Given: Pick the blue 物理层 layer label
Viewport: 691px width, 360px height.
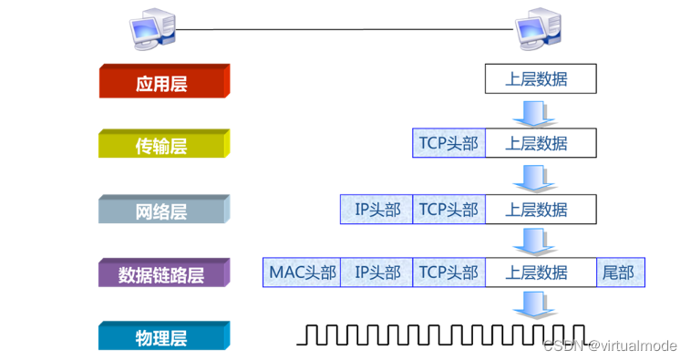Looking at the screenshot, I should pos(163,338).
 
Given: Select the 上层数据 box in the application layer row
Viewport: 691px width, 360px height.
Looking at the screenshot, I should pos(540,79).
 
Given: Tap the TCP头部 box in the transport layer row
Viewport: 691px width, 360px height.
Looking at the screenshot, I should pos(449,143).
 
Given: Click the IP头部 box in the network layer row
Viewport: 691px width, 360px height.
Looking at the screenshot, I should pos(376,210).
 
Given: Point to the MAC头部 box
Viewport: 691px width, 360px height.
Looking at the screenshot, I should pos(302,273).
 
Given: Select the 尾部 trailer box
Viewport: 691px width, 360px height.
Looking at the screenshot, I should pos(620,273).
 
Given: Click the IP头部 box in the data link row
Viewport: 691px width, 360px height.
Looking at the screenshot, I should pos(376,273).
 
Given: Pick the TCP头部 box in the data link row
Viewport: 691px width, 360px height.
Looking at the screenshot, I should pos(449,273).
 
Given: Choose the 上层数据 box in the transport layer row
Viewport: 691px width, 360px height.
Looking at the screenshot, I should pos(540,143).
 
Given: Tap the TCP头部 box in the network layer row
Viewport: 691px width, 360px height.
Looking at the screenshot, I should pos(449,210).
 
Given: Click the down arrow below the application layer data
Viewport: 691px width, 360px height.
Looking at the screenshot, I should pos(531,111).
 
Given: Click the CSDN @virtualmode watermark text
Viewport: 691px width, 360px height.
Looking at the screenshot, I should pos(611,345).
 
